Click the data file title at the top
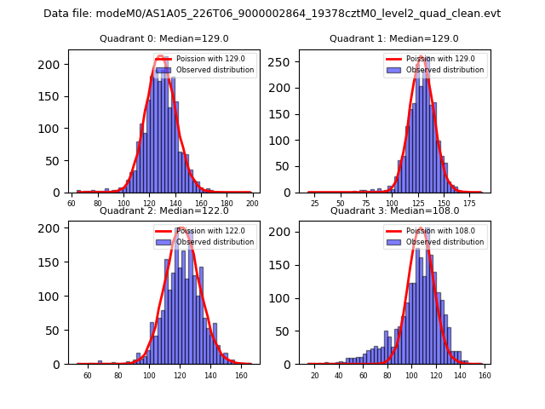pyautogui.click(x=272, y=14)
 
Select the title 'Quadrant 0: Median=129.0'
pyautogui.click(x=163, y=38)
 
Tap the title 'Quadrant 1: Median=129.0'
pyautogui.click(x=394, y=38)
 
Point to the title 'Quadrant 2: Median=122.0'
pyautogui.click(x=163, y=210)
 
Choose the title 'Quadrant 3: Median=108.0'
pyautogui.click(x=394, y=210)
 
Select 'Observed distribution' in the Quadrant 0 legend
pyautogui.click(x=215, y=70)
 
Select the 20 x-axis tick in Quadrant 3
pyautogui.click(x=315, y=375)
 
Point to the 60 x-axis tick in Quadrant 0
pyautogui.click(x=72, y=204)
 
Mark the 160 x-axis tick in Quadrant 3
pyautogui.click(x=485, y=375)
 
